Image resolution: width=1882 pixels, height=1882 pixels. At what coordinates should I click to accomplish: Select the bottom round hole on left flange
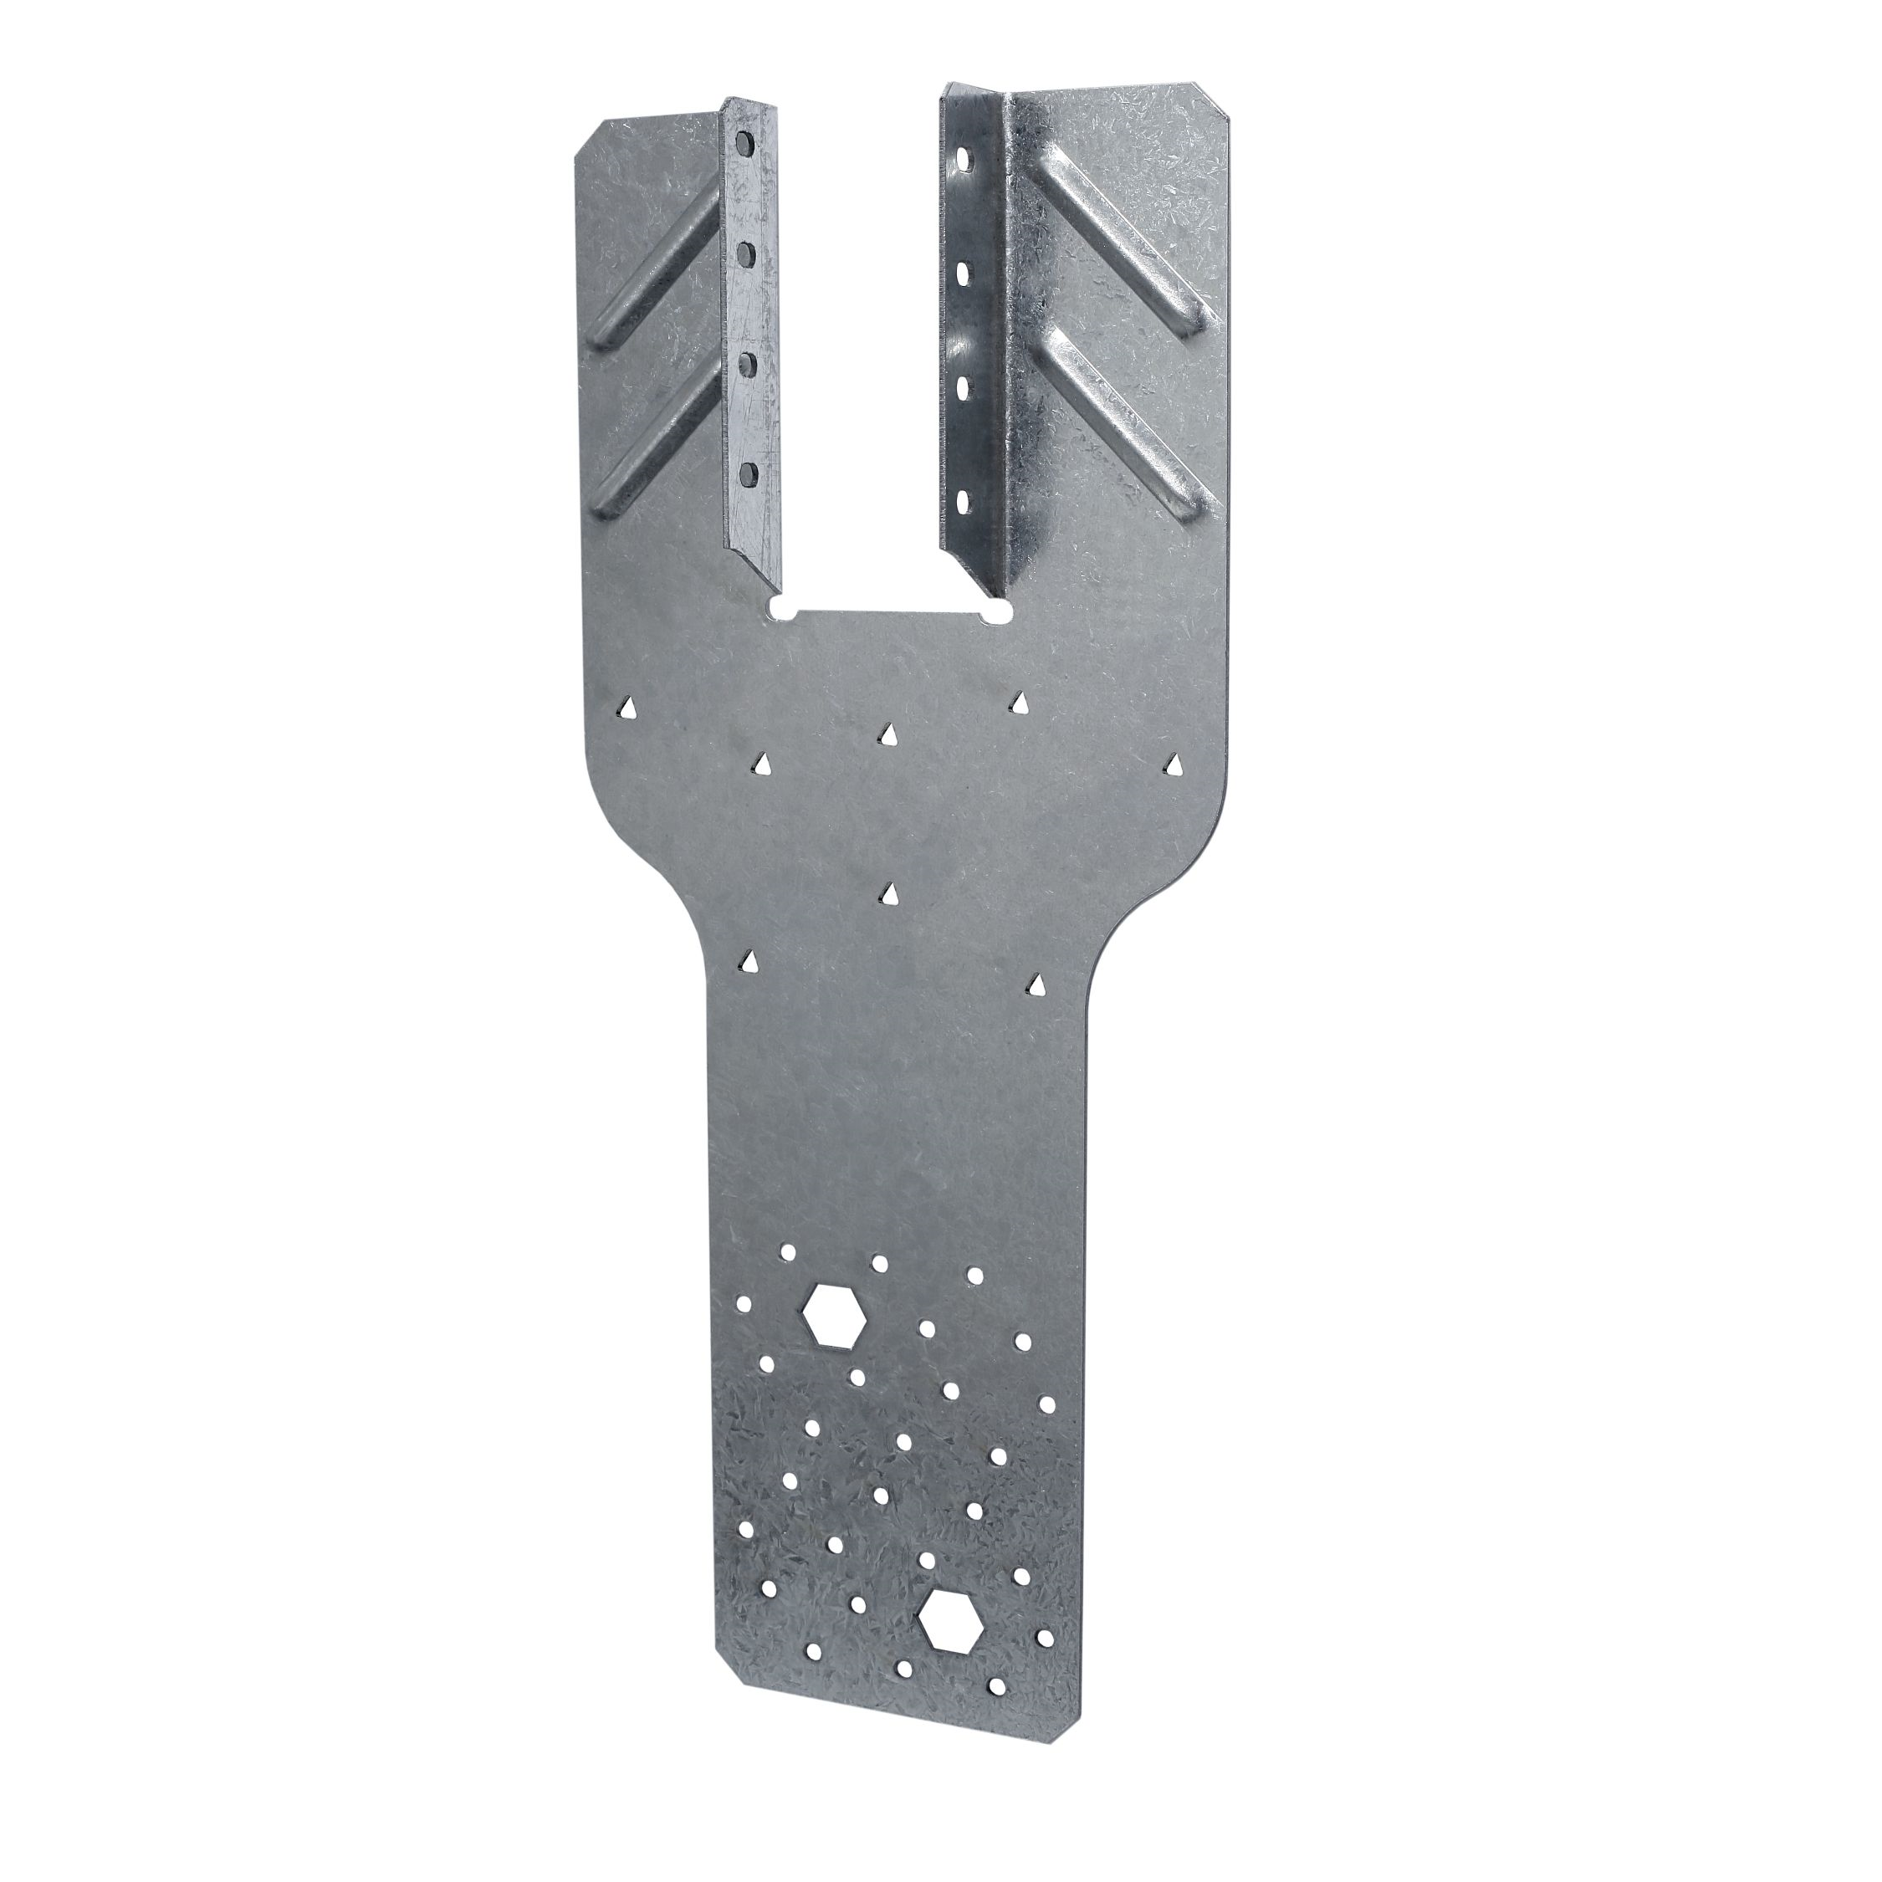pos(748,474)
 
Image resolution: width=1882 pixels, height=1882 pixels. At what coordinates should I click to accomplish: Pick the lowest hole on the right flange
pos(964,503)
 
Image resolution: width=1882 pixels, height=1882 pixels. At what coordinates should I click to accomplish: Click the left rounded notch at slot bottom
pos(780,610)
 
